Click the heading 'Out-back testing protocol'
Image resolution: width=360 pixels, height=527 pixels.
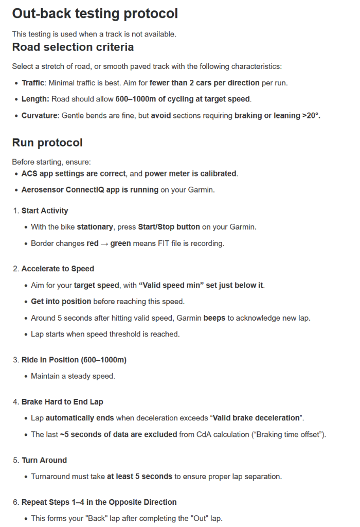pos(95,13)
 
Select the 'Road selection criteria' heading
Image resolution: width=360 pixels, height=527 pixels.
pos(73,47)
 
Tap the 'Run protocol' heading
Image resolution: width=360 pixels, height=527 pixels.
pos(47,143)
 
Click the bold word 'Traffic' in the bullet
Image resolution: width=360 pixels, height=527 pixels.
pos(33,83)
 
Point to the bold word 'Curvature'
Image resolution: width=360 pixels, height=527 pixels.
pos(40,116)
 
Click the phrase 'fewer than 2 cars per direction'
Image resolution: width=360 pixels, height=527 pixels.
pos(205,83)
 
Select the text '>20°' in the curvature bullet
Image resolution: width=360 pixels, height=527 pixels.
pos(311,116)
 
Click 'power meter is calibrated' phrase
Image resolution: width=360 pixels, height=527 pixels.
pos(191,173)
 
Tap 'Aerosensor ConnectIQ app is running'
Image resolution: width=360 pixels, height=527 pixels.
pos(90,190)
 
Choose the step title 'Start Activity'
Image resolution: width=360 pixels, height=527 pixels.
pos(45,210)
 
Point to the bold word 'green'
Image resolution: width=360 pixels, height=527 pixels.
pos(121,243)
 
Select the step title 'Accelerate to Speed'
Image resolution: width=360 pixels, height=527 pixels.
pos(58,269)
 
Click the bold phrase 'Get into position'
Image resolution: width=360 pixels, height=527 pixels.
pos(61,302)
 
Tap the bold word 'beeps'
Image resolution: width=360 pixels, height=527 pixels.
pos(214,318)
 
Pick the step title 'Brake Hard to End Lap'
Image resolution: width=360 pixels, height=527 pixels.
pos(62,401)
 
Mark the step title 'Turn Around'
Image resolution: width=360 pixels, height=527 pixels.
pos(44,460)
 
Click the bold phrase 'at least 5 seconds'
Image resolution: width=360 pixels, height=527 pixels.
pos(140,477)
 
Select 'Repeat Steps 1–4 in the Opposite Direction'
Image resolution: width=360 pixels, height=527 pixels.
pos(99,502)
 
